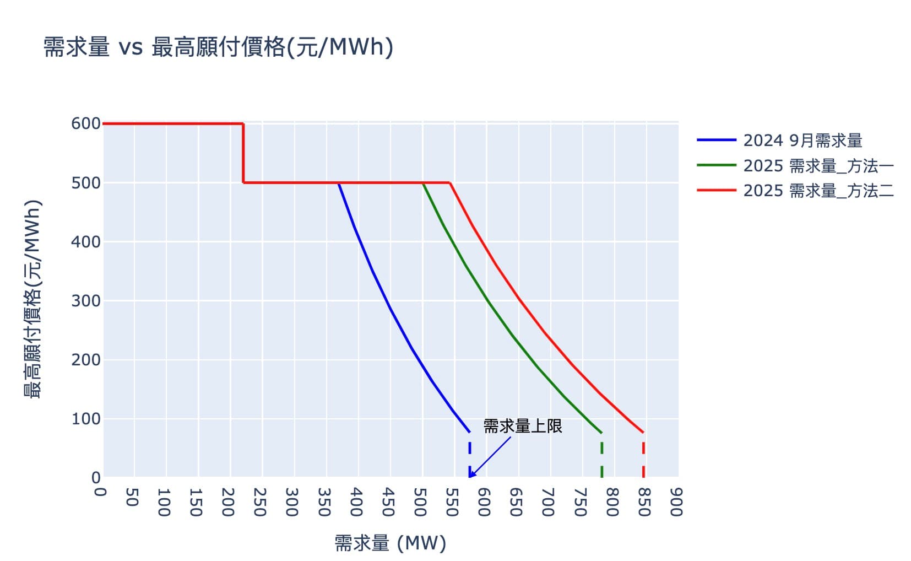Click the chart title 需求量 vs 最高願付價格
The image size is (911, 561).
click(218, 47)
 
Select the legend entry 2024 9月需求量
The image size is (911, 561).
click(802, 141)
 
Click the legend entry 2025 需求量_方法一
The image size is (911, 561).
click(818, 165)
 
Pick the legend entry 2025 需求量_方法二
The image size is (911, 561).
click(818, 191)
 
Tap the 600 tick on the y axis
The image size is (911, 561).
click(86, 123)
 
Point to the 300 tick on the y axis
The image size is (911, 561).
click(86, 301)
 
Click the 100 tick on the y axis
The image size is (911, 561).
click(86, 419)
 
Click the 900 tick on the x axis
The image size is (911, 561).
click(676, 501)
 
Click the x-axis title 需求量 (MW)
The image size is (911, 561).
click(391, 543)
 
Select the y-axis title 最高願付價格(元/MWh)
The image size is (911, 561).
click(32, 299)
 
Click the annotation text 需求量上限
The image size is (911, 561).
click(522, 426)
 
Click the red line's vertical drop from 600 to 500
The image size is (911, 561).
click(243, 153)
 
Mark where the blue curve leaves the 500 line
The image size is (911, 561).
click(338, 183)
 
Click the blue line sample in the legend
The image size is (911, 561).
click(716, 141)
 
